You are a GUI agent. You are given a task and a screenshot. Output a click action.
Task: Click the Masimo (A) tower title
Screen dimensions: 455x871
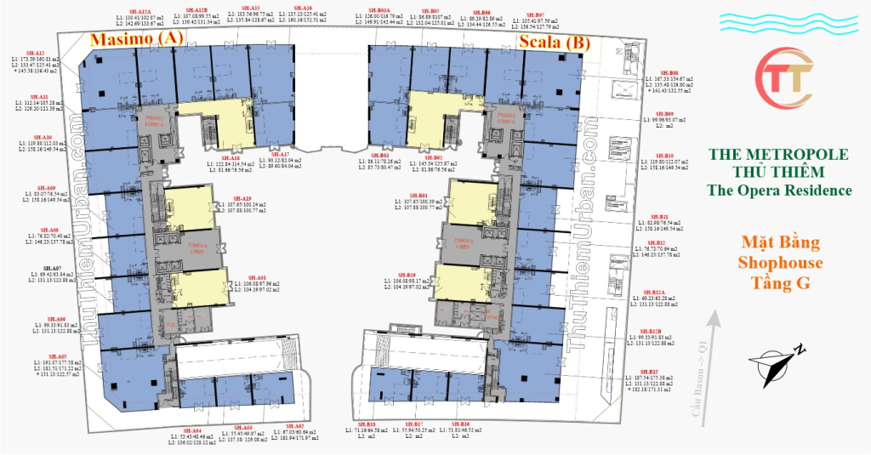(x=137, y=38)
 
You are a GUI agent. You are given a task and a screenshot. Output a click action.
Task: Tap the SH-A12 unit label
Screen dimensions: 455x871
(x=36, y=53)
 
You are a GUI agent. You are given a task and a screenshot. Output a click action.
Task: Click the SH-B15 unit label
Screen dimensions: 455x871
(x=650, y=371)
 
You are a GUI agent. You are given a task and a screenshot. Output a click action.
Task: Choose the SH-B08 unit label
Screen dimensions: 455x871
(x=669, y=73)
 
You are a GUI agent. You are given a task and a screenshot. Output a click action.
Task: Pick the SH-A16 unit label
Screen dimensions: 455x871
(x=303, y=7)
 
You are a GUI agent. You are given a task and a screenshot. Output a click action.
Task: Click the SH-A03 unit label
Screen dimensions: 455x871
(x=243, y=427)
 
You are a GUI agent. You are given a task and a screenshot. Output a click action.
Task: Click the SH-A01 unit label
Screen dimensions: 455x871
(x=258, y=277)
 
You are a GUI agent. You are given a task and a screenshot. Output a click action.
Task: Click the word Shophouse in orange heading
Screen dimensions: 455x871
(x=780, y=263)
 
